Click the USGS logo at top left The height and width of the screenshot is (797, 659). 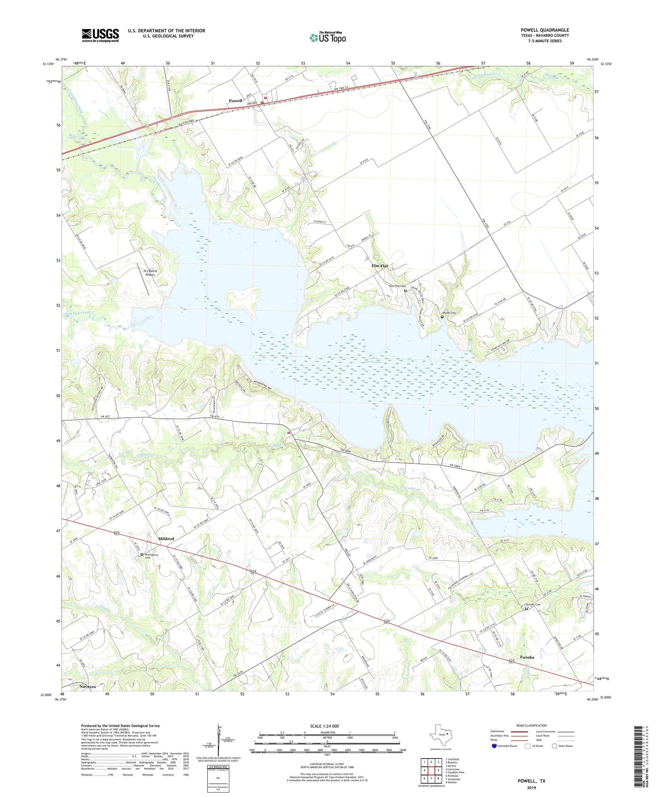[x=100, y=35]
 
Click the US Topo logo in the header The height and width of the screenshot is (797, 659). [x=327, y=38]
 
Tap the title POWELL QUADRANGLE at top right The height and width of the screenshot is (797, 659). [x=544, y=30]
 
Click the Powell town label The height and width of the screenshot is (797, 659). [x=235, y=101]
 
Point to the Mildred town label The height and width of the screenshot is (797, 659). [x=166, y=539]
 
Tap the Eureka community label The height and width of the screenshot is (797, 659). [x=527, y=657]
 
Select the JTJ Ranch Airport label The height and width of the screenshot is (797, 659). [x=150, y=273]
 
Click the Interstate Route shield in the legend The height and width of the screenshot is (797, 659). [x=494, y=746]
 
